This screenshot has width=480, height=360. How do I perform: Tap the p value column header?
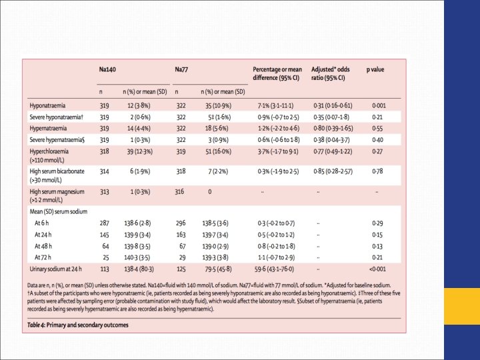[x=376, y=69]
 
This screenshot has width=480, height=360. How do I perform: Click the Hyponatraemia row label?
[x=48, y=105]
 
